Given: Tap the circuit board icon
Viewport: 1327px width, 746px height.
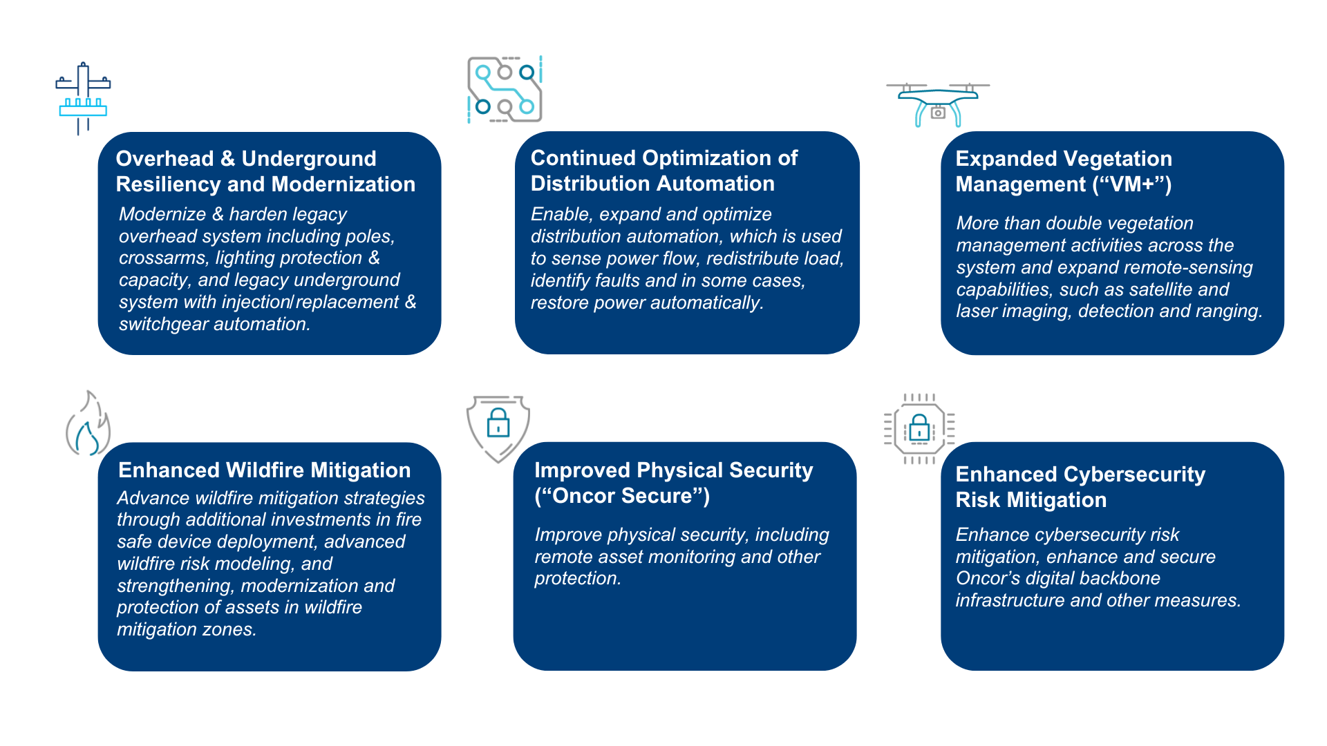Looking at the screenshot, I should pos(505,90).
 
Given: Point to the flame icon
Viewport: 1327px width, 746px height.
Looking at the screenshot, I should pos(88,424).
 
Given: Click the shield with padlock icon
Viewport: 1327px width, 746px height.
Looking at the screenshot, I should pos(498,427).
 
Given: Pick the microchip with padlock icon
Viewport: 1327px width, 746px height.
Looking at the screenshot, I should pos(919,429).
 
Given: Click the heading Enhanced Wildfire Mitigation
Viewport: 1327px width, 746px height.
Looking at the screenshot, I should pos(264,470).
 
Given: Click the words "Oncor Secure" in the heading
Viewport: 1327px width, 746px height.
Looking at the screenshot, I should pos(622,496).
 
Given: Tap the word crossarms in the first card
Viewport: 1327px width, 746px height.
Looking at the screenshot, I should pos(162,258).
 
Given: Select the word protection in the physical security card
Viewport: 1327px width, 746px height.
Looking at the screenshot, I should pos(576,578).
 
